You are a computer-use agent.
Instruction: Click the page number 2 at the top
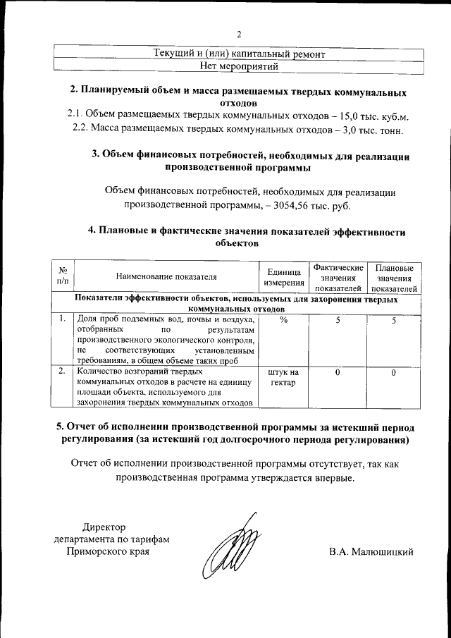[238, 35]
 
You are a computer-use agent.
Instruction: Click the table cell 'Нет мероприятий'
[239, 66]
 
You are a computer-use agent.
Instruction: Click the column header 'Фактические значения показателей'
[338, 278]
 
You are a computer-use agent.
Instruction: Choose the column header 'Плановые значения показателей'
[394, 278]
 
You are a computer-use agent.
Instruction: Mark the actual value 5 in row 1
[338, 319]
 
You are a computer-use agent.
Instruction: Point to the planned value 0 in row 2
[394, 371]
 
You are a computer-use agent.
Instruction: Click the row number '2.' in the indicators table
[63, 370]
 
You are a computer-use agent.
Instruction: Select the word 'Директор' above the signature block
[104, 527]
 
